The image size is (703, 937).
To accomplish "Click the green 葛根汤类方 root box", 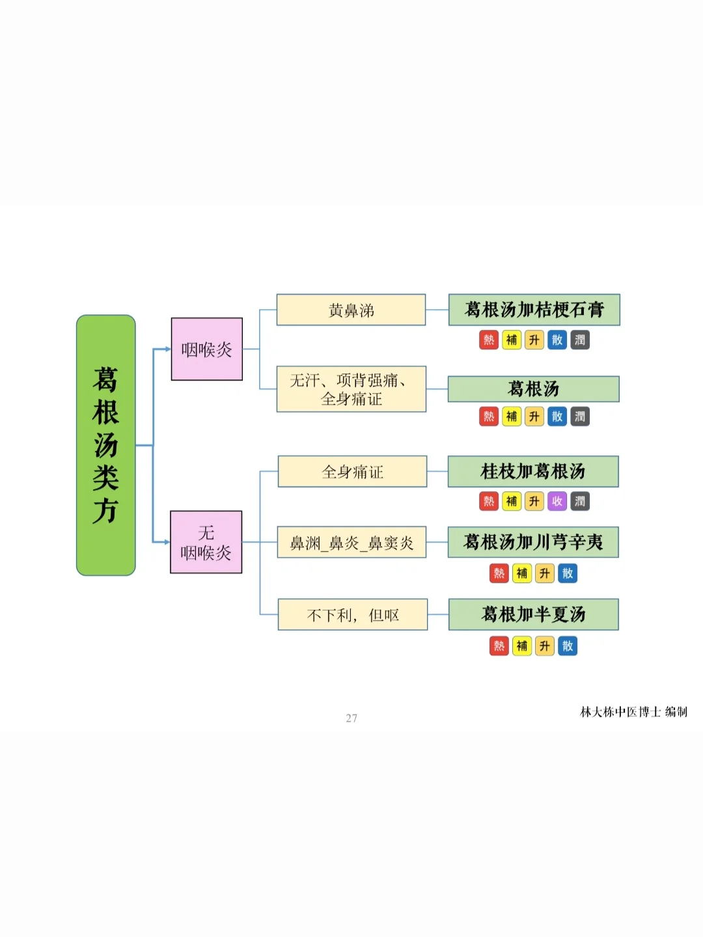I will point(105,445).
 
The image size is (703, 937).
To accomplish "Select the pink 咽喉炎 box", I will point(206,349).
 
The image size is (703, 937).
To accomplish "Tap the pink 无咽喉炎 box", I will point(206,542).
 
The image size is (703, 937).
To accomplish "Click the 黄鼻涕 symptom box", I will point(351,310).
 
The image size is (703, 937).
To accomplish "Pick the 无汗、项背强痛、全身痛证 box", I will point(351,389).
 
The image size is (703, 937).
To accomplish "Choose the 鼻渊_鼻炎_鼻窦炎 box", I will point(351,542).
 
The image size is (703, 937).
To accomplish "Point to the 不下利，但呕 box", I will point(352,614).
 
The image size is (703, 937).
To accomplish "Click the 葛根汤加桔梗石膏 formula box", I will point(534,310).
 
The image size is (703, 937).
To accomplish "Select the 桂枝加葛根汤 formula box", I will point(532,471).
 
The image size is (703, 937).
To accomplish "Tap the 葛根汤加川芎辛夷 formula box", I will point(532,542).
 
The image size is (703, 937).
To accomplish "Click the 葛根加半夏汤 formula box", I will point(533,614).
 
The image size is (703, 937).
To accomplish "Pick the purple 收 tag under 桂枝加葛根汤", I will point(557,501).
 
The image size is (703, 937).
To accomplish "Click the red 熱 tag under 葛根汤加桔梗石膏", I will point(489,340).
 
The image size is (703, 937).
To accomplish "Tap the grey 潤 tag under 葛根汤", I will point(580,416).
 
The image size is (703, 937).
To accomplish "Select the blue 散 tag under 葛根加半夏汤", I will point(568,645).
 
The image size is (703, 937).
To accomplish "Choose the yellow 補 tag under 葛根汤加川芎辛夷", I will point(522,573).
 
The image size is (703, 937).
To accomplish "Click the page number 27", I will point(351,718).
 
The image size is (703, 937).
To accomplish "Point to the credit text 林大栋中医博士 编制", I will point(633,712).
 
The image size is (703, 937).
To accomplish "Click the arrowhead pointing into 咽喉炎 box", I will point(167,349).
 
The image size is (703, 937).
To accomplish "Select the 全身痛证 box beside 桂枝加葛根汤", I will point(352,471).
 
